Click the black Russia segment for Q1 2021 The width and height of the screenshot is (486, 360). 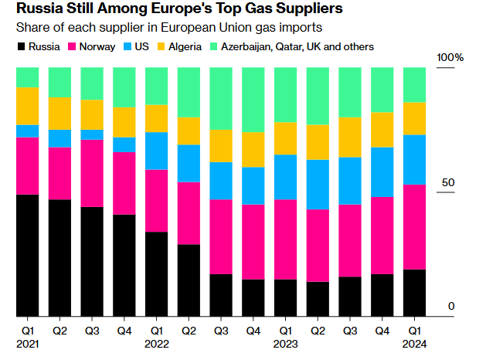point(27,255)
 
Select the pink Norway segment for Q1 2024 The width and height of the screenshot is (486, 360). point(414,227)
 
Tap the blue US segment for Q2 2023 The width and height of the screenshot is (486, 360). point(318,185)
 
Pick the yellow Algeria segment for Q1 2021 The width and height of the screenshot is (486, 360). point(27,106)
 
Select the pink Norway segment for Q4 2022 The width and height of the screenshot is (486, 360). point(253,242)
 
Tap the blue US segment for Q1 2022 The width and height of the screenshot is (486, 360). point(156,151)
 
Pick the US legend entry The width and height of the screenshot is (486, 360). point(140,46)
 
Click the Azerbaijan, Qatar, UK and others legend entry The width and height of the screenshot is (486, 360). point(291,46)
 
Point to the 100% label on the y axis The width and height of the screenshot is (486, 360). point(450,58)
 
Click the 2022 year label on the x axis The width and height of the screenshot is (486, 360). point(157,344)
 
